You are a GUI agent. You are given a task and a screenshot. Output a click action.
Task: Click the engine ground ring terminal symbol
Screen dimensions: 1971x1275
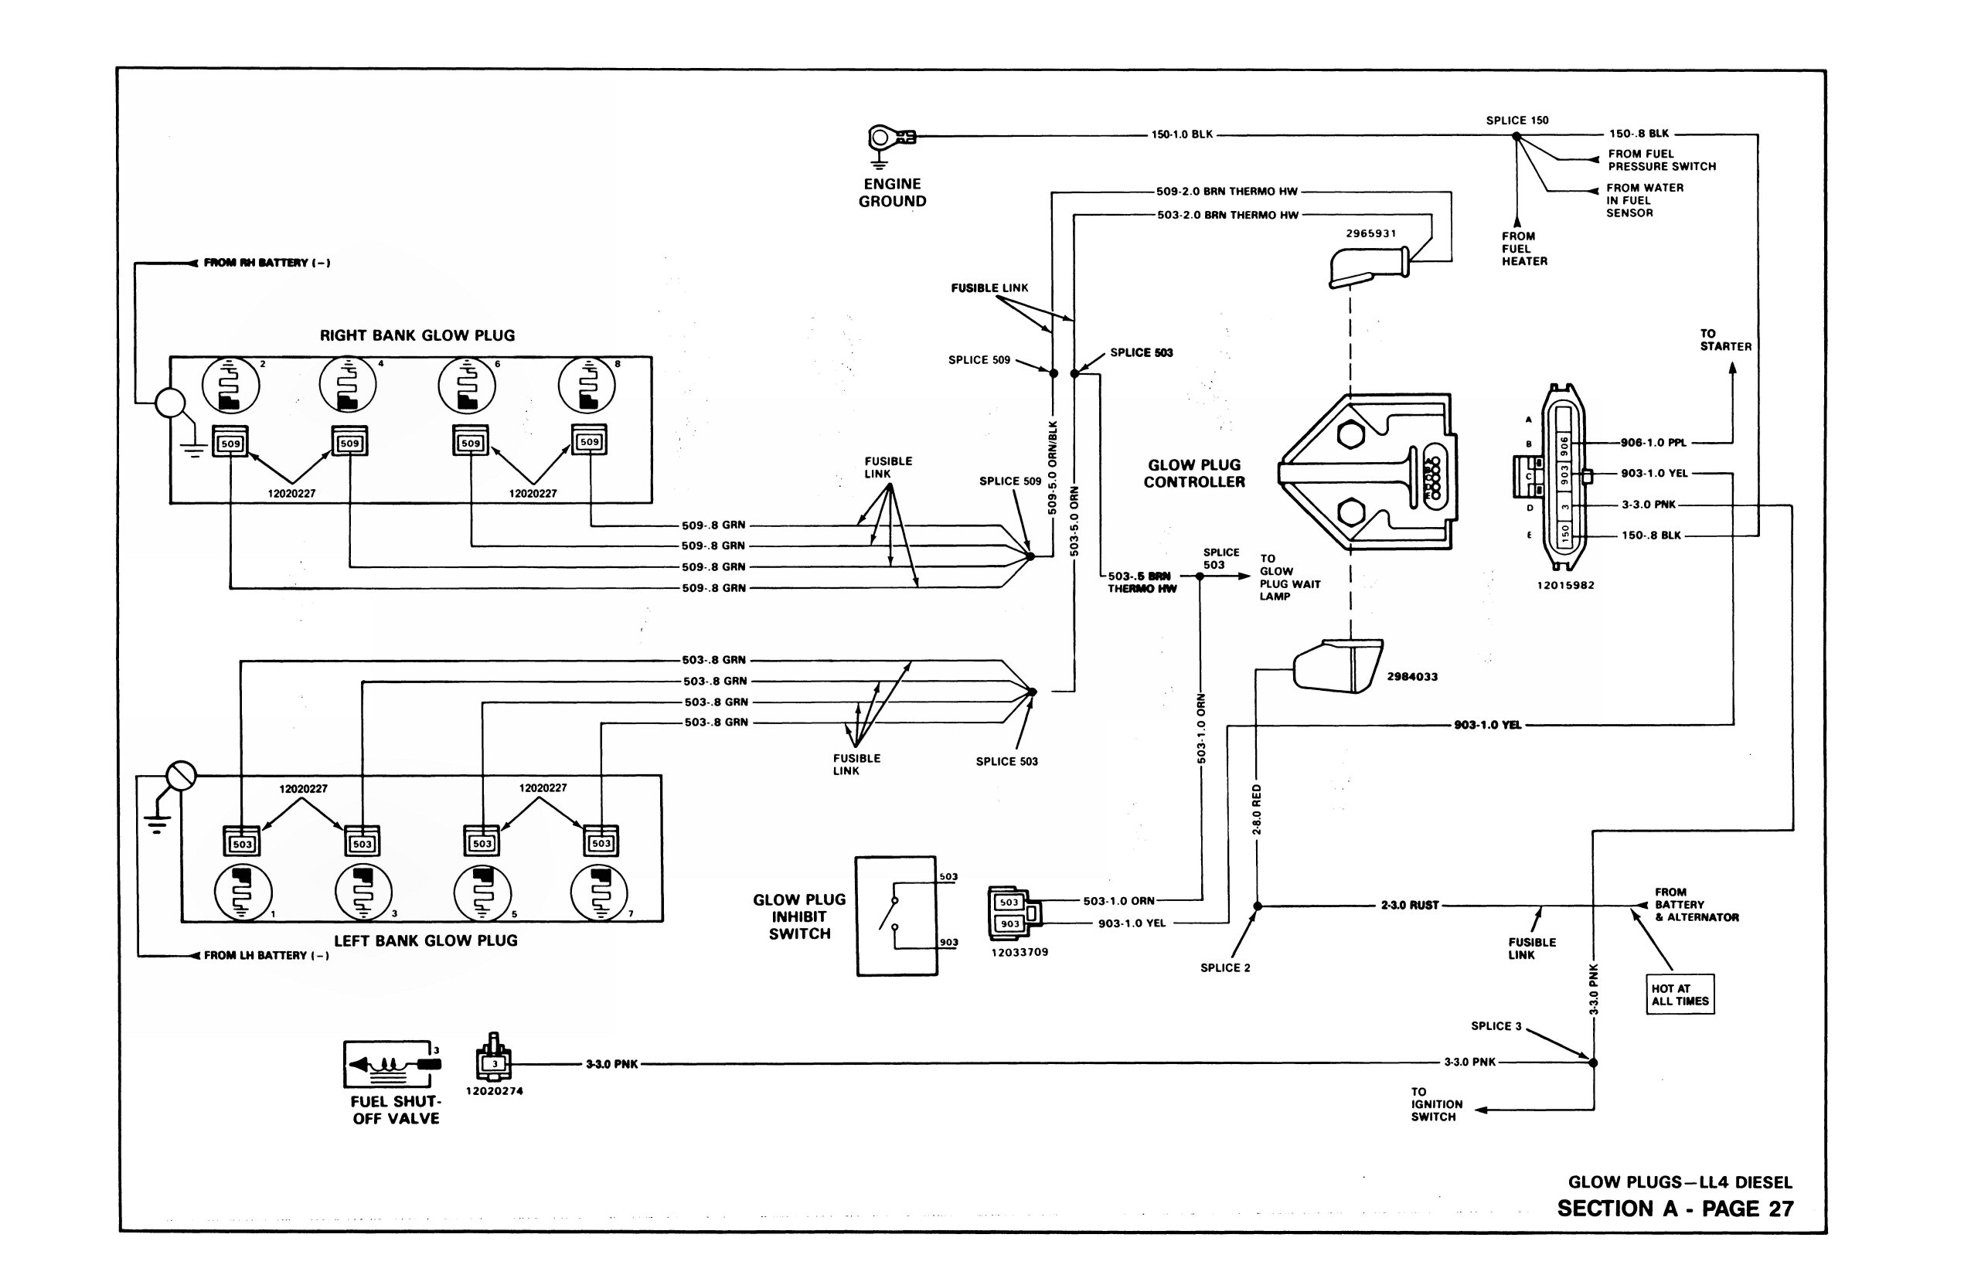891,138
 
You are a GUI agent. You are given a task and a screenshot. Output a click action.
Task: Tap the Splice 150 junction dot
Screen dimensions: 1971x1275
1517,137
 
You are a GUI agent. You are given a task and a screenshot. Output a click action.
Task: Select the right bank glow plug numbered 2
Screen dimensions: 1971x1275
231,385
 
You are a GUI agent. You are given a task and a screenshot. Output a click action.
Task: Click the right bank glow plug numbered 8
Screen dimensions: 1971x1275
587,385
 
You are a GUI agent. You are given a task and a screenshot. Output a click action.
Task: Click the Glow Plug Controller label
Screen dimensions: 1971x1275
1194,474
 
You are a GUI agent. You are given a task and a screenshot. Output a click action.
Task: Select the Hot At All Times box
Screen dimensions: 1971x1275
1680,994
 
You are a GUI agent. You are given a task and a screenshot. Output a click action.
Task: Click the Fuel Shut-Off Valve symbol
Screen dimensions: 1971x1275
393,1064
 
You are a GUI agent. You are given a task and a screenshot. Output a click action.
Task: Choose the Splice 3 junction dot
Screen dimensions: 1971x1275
1592,1062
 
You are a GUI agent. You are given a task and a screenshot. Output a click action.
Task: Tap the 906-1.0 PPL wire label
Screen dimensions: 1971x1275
1653,443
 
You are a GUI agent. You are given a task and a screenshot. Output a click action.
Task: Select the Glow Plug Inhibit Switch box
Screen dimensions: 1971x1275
896,916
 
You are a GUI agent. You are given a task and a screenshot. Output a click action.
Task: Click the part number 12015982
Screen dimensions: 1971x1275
1565,586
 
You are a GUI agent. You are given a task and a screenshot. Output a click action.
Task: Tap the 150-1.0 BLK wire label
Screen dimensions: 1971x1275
1182,134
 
